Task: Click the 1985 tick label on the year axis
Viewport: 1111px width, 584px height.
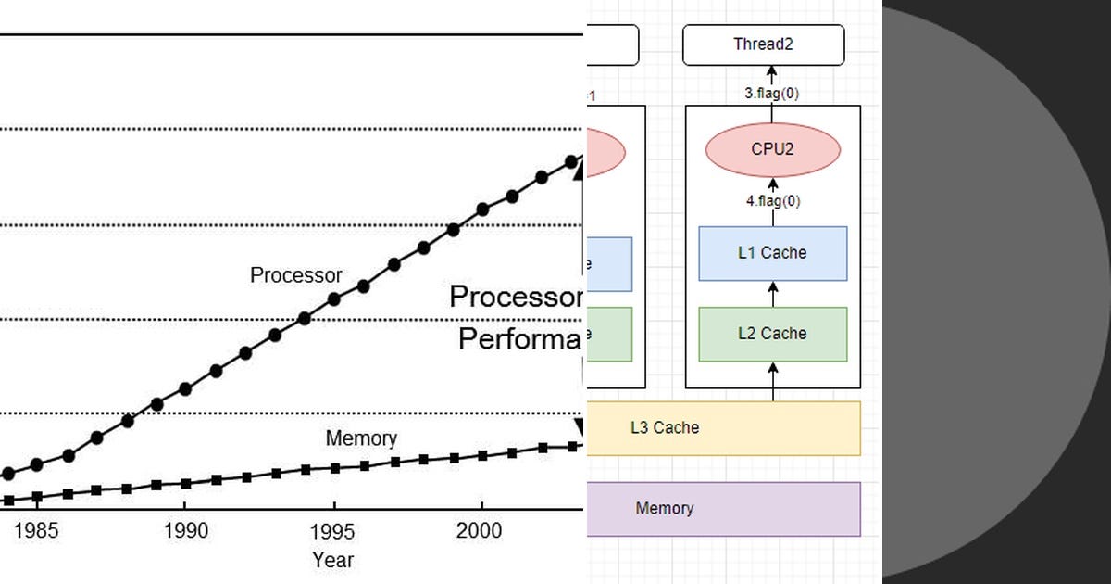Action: click(36, 531)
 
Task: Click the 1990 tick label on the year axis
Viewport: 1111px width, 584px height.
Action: click(185, 531)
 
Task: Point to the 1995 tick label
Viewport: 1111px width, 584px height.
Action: click(333, 531)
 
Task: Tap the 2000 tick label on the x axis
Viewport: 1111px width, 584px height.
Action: click(481, 531)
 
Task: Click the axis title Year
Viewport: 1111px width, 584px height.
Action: click(332, 560)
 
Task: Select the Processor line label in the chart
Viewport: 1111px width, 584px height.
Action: click(295, 275)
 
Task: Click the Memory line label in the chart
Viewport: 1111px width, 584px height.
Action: click(361, 438)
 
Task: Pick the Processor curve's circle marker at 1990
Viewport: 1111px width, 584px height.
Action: click(185, 389)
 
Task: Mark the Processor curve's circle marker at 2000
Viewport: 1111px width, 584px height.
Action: click(481, 210)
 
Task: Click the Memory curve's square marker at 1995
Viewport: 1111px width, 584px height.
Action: click(334, 468)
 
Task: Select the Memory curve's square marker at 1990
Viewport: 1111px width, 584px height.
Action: click(185, 483)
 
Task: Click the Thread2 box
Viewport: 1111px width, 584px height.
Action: click(763, 44)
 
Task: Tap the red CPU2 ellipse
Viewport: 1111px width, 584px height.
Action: click(772, 149)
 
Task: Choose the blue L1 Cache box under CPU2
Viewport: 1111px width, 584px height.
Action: click(772, 253)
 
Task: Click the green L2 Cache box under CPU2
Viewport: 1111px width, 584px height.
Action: click(772, 334)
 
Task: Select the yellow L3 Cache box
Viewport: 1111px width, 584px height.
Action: click(722, 428)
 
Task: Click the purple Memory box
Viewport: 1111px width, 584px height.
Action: click(722, 509)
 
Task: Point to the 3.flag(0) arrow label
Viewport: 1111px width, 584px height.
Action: click(772, 94)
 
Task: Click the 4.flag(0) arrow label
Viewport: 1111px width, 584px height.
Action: click(772, 201)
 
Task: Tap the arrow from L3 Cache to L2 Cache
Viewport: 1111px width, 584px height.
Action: click(773, 381)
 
